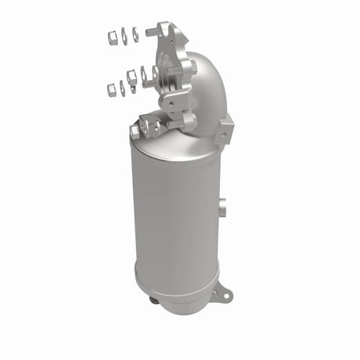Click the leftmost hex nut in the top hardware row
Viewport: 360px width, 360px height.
111,36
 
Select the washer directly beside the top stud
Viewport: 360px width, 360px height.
135,34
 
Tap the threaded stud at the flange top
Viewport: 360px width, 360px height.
152,32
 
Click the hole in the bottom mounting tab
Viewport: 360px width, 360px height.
225,295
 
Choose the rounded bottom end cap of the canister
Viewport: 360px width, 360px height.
176,282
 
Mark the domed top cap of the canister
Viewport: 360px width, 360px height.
176,141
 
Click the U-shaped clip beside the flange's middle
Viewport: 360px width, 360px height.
146,75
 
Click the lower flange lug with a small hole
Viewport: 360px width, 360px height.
170,101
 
